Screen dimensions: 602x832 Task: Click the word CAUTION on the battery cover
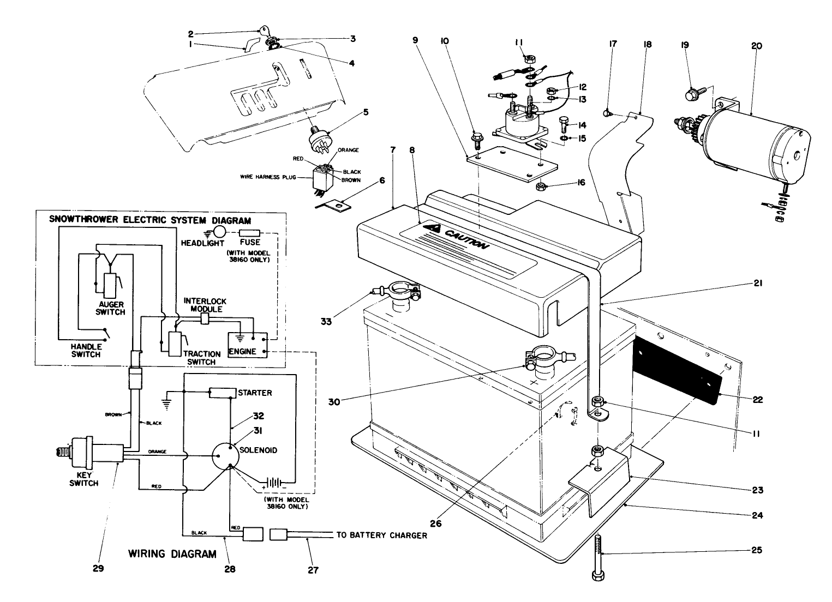coord(464,238)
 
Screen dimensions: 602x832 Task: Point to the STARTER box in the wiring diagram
coord(223,393)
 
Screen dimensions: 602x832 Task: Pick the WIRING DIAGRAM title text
coord(172,554)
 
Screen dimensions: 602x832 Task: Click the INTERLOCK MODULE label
coord(205,305)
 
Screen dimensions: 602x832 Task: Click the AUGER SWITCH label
coord(111,308)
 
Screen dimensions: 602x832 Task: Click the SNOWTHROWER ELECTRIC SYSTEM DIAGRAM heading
coord(151,221)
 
